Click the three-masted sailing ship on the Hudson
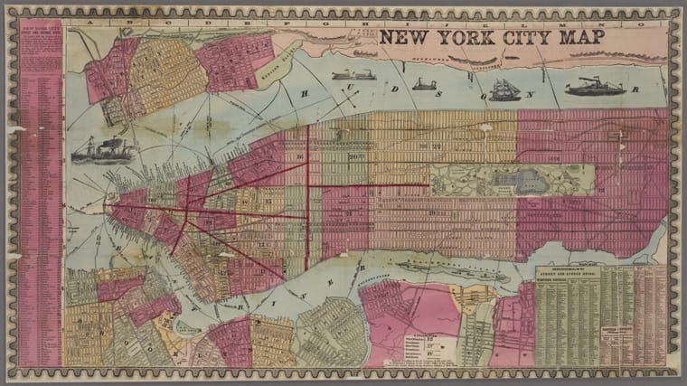[504, 89]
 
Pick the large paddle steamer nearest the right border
[594, 87]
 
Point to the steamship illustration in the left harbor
[102, 150]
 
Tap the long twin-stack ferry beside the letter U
[347, 76]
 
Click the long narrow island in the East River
[443, 267]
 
